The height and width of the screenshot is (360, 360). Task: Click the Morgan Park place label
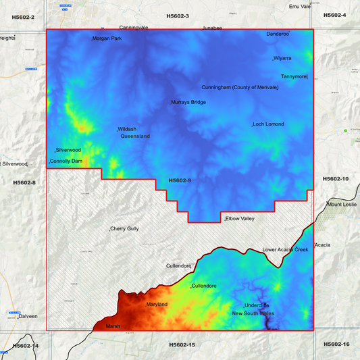click(x=107, y=38)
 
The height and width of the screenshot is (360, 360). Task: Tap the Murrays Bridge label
click(x=188, y=102)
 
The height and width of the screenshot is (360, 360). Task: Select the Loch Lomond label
click(x=269, y=124)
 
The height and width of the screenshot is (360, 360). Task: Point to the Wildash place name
click(x=128, y=129)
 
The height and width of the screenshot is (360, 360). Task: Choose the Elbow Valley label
click(x=240, y=219)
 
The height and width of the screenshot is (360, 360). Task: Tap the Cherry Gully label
click(x=125, y=229)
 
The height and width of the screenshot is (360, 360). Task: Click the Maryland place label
click(x=157, y=305)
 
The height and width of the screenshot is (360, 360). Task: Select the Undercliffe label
click(x=257, y=305)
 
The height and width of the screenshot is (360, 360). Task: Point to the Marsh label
click(x=113, y=326)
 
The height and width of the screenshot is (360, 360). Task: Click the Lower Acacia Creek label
click(x=285, y=250)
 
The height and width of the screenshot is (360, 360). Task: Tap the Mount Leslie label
click(x=342, y=204)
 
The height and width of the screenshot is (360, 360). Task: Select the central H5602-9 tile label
click(x=180, y=180)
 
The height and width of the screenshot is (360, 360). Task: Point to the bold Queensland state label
click(x=135, y=136)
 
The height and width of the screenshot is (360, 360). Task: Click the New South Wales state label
click(x=253, y=313)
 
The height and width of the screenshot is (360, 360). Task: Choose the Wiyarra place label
click(x=282, y=59)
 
